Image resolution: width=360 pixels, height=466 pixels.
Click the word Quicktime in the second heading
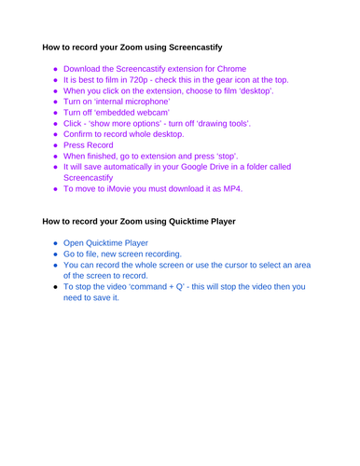pos(187,222)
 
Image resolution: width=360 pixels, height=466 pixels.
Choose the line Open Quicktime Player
pos(108,245)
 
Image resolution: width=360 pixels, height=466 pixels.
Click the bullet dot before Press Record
pos(55,160)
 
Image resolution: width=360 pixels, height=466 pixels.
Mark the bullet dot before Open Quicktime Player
pos(55,245)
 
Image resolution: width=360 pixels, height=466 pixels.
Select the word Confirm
pos(82,147)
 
